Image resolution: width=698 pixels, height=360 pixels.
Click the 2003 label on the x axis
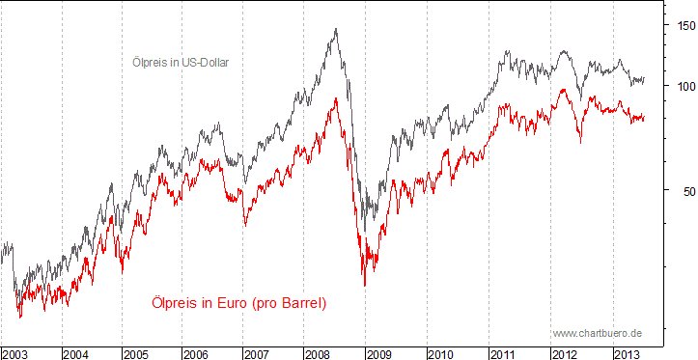tap(16, 353)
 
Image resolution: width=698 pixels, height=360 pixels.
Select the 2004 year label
tap(77, 353)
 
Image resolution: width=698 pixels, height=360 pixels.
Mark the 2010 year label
tap(441, 353)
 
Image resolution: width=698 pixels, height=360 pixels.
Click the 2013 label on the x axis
tap(628, 353)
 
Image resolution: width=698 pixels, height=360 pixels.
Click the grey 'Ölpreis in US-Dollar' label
tap(185, 62)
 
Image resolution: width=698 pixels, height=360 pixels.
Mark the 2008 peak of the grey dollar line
tap(335, 29)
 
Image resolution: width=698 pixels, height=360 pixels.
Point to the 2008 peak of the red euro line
tap(335, 97)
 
